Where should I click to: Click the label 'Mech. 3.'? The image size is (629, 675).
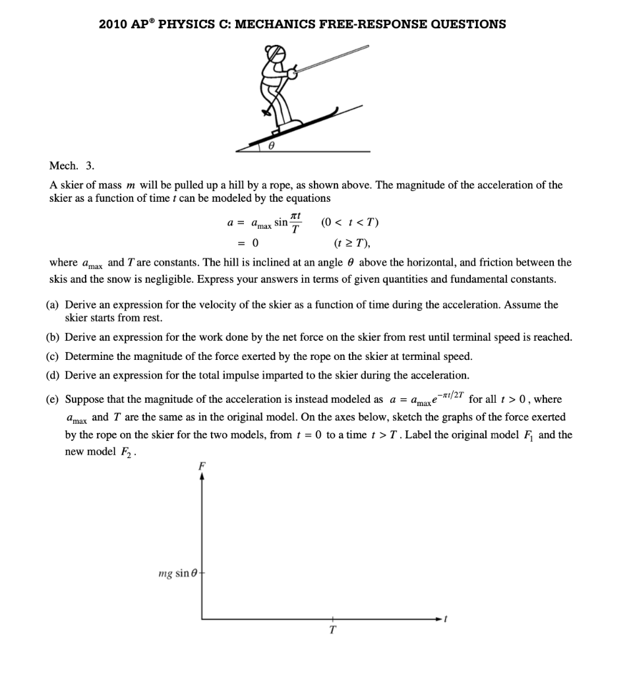click(x=72, y=165)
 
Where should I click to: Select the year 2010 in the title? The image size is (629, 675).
click(x=113, y=24)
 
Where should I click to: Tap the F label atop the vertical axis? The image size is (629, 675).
click(x=202, y=465)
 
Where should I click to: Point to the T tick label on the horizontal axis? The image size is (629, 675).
click(x=333, y=630)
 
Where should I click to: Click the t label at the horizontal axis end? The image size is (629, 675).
click(x=446, y=619)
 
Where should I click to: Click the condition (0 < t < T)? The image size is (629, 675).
click(x=349, y=222)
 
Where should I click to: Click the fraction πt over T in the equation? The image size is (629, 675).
click(x=297, y=223)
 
